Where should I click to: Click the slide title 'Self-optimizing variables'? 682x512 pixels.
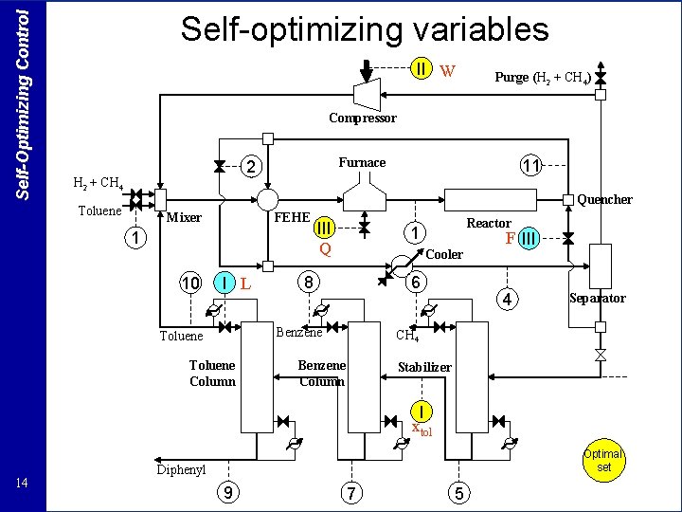tap(365, 29)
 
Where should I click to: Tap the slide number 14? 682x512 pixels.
tap(24, 485)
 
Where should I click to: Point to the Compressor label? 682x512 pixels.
tap(363, 119)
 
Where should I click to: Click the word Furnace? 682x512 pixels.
tap(362, 162)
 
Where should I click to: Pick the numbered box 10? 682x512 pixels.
tap(191, 283)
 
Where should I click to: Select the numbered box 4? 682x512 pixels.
tap(508, 300)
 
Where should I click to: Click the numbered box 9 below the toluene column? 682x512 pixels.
tap(227, 492)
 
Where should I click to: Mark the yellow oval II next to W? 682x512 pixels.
tap(422, 69)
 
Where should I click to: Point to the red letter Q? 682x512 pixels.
tap(325, 249)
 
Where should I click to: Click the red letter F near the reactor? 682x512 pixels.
tap(510, 239)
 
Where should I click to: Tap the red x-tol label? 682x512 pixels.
tap(422, 430)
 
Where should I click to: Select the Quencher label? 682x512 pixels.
tap(604, 199)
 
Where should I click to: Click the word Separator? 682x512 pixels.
tap(597, 298)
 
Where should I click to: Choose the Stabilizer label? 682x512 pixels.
tap(424, 367)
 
